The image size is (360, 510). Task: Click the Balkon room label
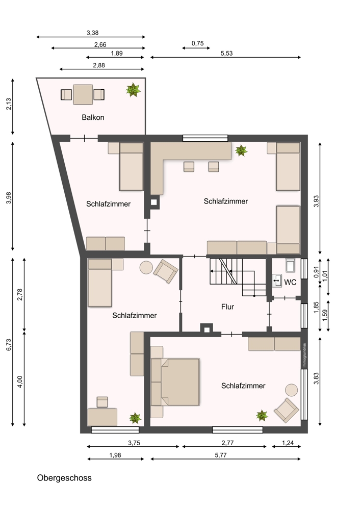point(93,117)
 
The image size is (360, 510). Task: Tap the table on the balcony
point(83,94)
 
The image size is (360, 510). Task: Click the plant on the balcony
point(133,90)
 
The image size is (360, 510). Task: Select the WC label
point(290,283)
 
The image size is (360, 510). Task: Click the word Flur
point(227,307)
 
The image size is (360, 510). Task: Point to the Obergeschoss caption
point(64,478)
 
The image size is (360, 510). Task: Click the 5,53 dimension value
point(227,54)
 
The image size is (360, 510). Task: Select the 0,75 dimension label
point(197,43)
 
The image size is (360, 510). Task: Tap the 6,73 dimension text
point(9,344)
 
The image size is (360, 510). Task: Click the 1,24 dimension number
point(288,443)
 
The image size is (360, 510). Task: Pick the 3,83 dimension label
point(316,378)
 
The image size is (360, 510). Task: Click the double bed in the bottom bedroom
point(175,382)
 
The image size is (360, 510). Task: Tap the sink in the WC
point(277,280)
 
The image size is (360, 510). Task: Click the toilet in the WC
point(290,265)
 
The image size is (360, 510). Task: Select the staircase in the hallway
point(238,277)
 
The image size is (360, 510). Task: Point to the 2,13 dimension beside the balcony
point(9,104)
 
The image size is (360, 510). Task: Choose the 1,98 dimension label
point(115,455)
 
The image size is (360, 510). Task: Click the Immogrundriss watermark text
point(304,355)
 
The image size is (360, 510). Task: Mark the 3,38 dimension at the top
point(92,33)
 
